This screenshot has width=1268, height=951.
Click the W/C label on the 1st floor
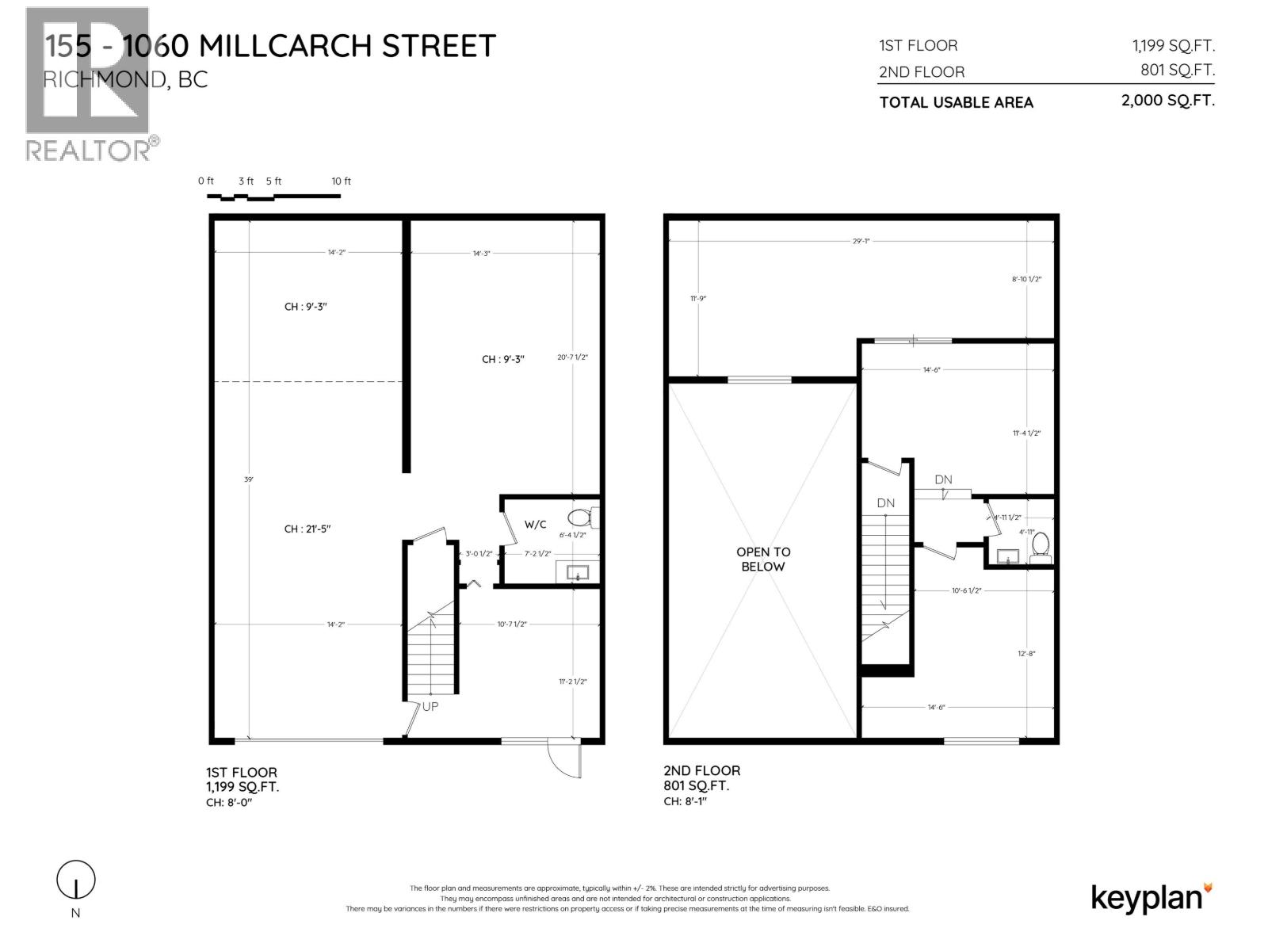pos(535,524)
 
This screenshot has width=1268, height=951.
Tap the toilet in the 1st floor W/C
pos(583,518)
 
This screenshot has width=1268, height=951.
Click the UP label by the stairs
pos(430,706)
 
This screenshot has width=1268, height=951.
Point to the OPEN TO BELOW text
pos(762,559)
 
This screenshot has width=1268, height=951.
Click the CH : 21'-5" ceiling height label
pos(307,529)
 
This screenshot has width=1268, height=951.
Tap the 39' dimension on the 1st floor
pos(249,479)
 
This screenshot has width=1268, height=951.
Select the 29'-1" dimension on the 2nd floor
pos(861,241)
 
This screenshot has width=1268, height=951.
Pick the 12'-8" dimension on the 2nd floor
pos(1026,654)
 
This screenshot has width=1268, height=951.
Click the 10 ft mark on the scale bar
pos(341,181)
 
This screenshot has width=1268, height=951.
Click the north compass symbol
pos(76,880)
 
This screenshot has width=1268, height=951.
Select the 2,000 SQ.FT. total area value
pos(1167,101)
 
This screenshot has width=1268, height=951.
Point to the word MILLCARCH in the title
pos(286,46)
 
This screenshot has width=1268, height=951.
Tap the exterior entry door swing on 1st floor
pos(564,762)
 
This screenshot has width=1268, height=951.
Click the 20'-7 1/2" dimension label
pos(572,357)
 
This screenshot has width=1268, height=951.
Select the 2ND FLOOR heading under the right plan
pos(701,770)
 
